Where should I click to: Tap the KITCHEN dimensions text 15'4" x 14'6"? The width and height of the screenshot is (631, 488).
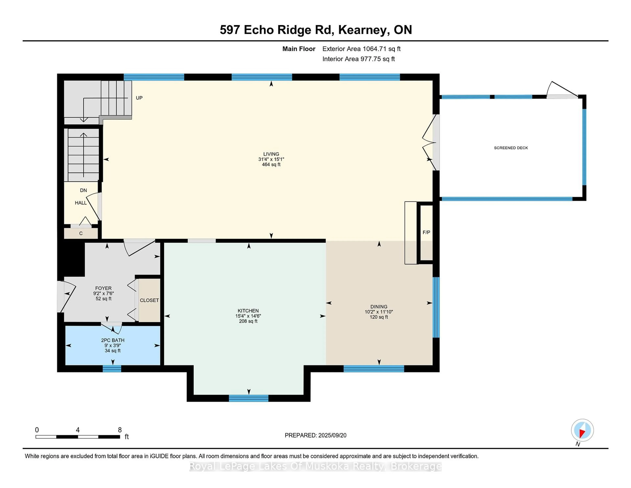(248, 316)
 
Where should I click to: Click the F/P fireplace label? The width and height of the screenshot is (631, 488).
(426, 232)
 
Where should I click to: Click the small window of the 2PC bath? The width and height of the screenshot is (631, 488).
(112, 369)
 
